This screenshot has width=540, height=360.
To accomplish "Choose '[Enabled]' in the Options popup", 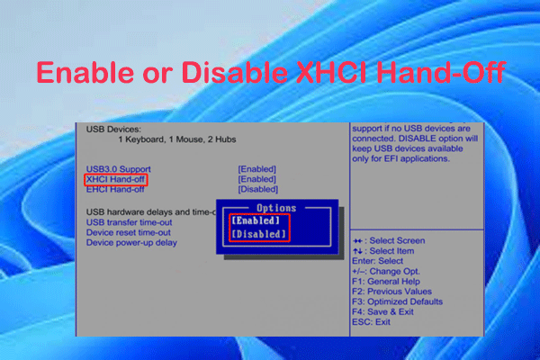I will point(259,220).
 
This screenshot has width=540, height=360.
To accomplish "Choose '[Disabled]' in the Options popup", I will point(259,235).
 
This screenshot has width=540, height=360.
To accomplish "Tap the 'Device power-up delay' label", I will point(131,242).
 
